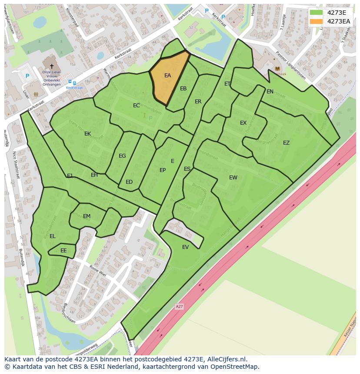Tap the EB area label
pos(183,89)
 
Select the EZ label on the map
pos(286,143)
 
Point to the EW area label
pos(233,177)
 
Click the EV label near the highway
pos(186,247)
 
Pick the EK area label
pos(88,134)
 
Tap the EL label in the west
pos(53,236)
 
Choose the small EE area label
pos(63,251)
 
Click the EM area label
pos(87,216)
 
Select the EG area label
pos(122,156)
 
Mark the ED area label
pos(129,182)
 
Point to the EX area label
pos(243,123)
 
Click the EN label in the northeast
pos(270,92)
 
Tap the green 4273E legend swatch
pos(316,13)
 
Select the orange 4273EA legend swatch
pos(316,21)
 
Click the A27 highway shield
pos(180,307)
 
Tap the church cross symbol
pos(52,66)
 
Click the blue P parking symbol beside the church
pos(27,76)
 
